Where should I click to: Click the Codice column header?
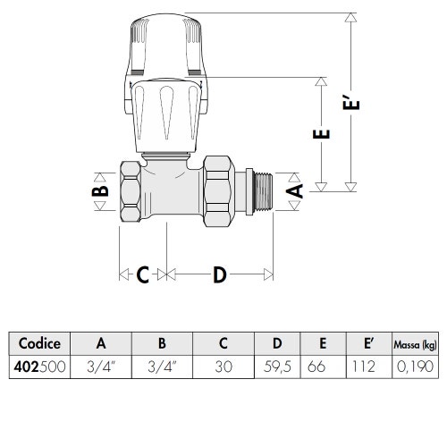point(39,343)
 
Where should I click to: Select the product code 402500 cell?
point(39,367)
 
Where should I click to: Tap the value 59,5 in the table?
point(277,367)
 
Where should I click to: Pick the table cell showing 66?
point(316,367)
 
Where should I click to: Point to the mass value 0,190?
point(415,367)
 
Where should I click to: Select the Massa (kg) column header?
point(415,344)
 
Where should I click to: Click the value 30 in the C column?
point(223,367)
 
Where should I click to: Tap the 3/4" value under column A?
point(101,367)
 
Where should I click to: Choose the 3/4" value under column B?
point(162,367)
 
